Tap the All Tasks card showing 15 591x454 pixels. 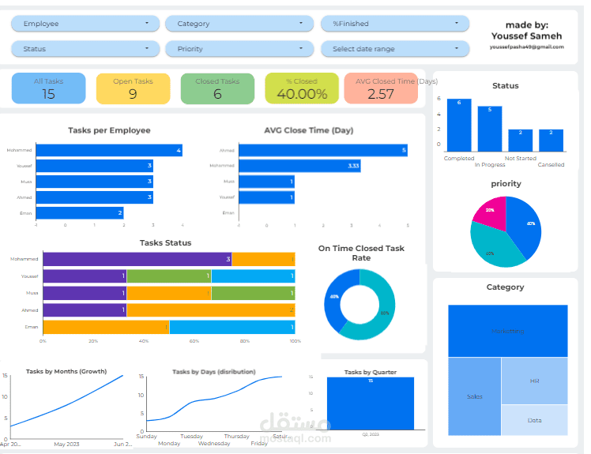pos(48,88)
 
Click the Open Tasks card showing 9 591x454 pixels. pos(133,88)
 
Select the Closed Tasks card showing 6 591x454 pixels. pos(217,88)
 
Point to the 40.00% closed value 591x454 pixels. pos(301,94)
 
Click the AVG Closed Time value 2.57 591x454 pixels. pos(381,94)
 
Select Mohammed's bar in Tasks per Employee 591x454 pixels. pos(109,150)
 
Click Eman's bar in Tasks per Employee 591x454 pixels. pos(80,212)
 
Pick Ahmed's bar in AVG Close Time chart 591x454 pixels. pos(323,150)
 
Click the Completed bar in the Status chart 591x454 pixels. pos(459,125)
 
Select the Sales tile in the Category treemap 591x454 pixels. pos(474,396)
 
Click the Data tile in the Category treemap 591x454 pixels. pos(534,420)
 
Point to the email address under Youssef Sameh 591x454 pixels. pos(526,47)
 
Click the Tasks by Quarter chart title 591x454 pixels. pos(370,371)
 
